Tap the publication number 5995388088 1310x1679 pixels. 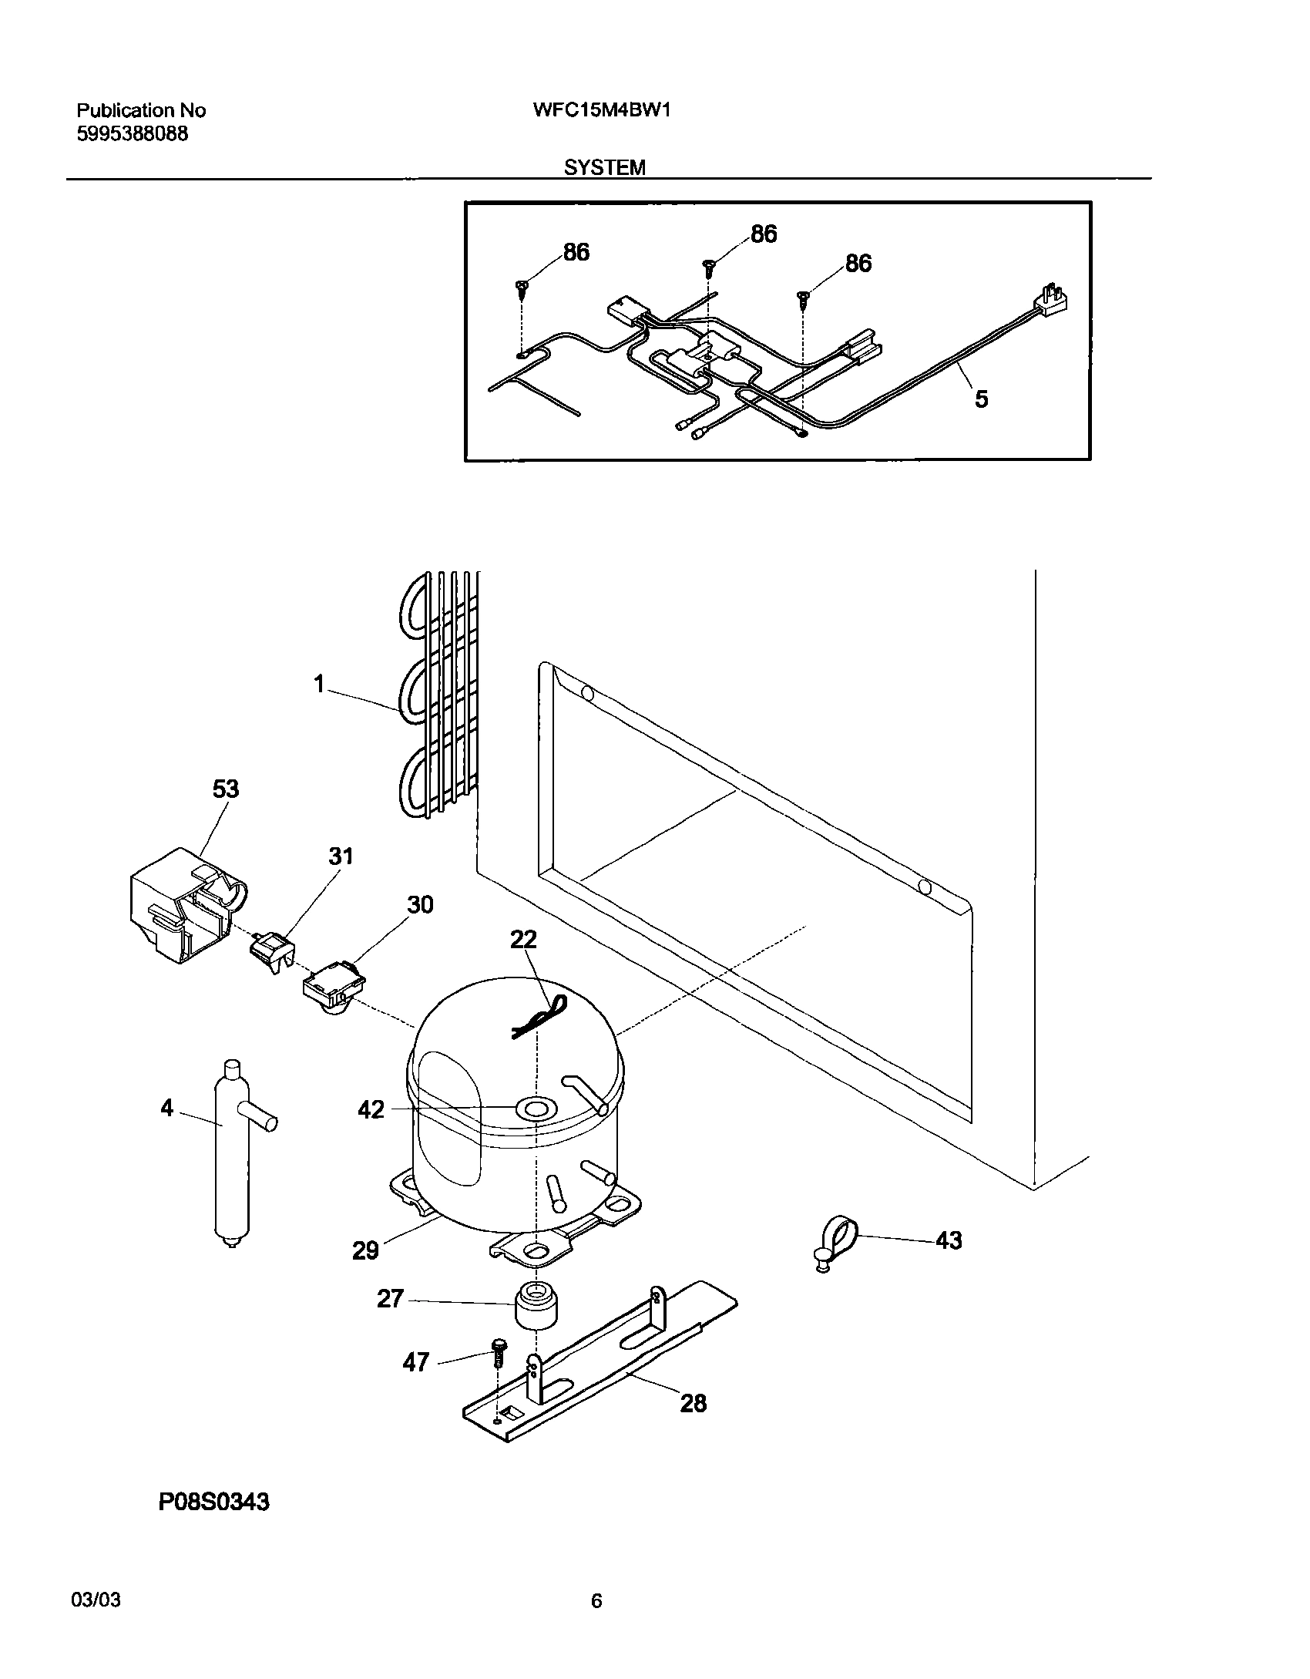click(132, 133)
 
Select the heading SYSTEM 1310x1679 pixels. click(604, 167)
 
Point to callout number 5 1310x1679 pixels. click(981, 399)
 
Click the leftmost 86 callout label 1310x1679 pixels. click(576, 252)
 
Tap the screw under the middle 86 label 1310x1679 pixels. click(709, 267)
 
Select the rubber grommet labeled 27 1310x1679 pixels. click(535, 1305)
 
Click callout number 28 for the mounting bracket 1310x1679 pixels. click(693, 1403)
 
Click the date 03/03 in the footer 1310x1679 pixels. click(96, 1601)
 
